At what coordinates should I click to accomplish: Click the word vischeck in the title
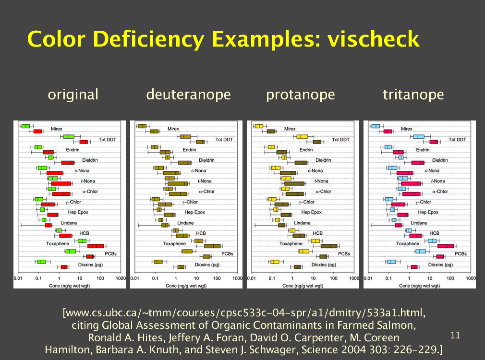pyautogui.click(x=374, y=38)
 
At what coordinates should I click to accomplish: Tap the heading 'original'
pyautogui.click(x=73, y=94)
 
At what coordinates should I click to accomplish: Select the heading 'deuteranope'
pyautogui.click(x=188, y=95)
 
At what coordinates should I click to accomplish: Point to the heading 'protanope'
pyautogui.click(x=301, y=95)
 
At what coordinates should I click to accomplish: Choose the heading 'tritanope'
pyautogui.click(x=413, y=94)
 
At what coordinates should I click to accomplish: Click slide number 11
pyautogui.click(x=455, y=335)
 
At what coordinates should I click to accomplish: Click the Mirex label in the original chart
pyautogui.click(x=57, y=129)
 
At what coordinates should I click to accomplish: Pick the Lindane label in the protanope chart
pyautogui.click(x=302, y=223)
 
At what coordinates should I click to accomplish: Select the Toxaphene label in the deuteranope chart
pyautogui.click(x=174, y=243)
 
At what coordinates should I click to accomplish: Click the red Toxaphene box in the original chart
pyautogui.click(x=95, y=246)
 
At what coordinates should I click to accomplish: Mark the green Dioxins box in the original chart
pyautogui.click(x=42, y=262)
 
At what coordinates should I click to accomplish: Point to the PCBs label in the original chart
pyautogui.click(x=110, y=253)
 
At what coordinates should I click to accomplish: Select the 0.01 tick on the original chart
pyautogui.click(x=18, y=278)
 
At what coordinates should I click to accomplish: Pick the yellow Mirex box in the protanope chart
pyautogui.click(x=259, y=126)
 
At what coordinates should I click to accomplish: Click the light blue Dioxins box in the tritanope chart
pyautogui.click(x=392, y=262)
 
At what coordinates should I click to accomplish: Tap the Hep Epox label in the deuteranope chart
pyautogui.click(x=194, y=212)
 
